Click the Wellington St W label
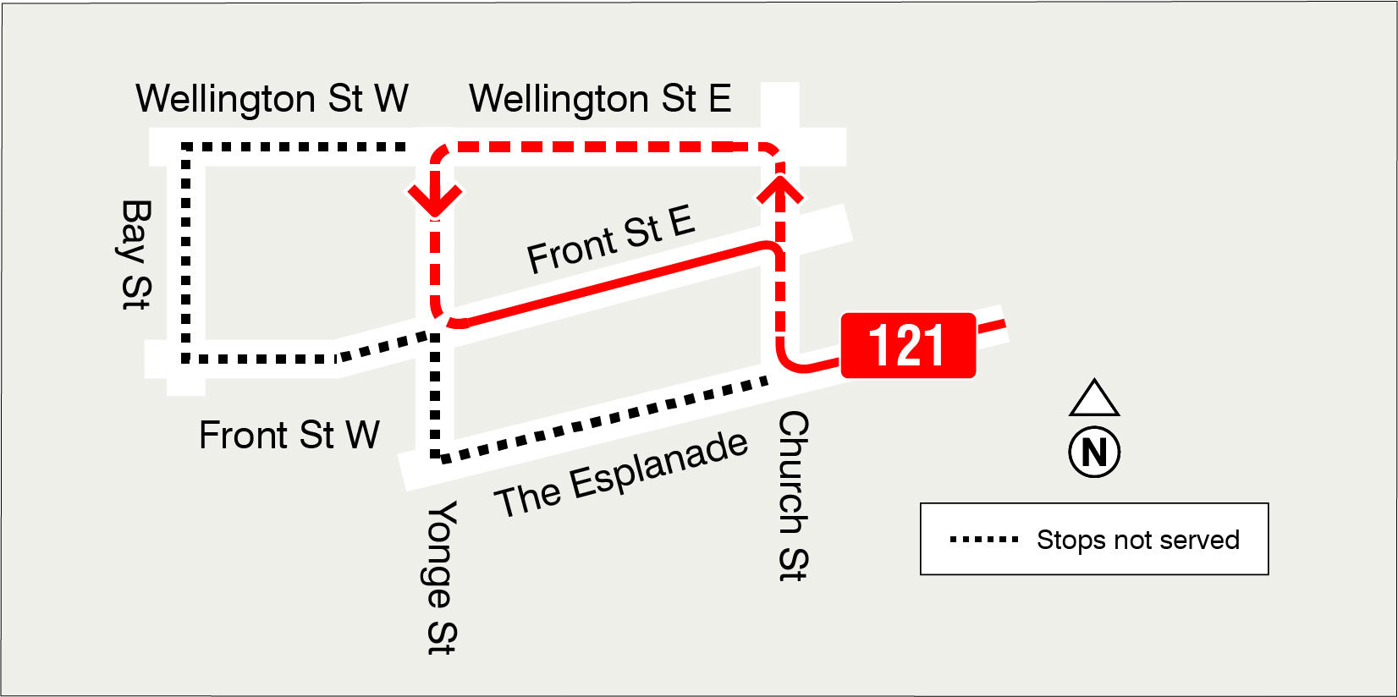(272, 99)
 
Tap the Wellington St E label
(600, 99)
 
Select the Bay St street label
(136, 255)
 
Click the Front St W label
(289, 435)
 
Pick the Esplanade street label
(622, 475)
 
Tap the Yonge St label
(441, 578)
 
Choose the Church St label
(793, 497)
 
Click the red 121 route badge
(908, 345)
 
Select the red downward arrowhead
(435, 198)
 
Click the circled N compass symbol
(1094, 453)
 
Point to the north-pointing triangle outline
(1094, 398)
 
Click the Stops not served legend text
(1137, 540)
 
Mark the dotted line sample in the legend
(984, 539)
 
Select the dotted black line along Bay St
(186, 254)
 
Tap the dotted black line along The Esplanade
(601, 420)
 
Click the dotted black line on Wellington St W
(296, 147)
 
